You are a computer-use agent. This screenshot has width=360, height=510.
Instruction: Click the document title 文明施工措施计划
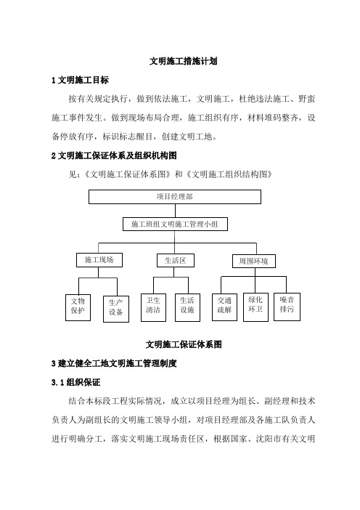(x=183, y=61)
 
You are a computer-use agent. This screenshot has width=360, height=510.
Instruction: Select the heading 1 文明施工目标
(x=80, y=80)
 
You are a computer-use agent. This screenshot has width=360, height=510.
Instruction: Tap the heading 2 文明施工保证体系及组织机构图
(x=114, y=155)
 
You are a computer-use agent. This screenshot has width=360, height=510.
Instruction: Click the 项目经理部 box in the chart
(x=175, y=197)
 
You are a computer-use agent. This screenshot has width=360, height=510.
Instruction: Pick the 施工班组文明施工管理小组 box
(x=175, y=224)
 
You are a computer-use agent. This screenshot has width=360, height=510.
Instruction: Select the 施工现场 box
(x=99, y=260)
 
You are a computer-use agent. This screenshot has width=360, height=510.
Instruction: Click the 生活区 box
(x=176, y=261)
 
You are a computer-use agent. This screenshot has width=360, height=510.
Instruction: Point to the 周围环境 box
(x=254, y=262)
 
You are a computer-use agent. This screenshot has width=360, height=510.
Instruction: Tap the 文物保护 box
(x=78, y=308)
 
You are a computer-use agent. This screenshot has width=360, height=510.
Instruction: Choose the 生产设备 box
(x=116, y=309)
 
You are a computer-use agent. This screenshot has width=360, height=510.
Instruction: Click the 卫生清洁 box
(x=153, y=308)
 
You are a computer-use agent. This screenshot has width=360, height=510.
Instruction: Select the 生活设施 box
(x=187, y=308)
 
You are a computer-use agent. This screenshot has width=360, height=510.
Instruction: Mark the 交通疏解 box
(x=224, y=307)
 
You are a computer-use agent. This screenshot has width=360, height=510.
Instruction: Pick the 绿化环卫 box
(x=255, y=307)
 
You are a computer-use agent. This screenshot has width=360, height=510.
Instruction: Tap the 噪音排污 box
(x=287, y=307)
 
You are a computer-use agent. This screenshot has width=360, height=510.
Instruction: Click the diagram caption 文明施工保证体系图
(x=184, y=344)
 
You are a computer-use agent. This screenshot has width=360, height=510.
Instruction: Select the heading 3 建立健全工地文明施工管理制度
(x=114, y=363)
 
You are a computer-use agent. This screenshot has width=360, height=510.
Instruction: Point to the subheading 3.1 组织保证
(x=75, y=382)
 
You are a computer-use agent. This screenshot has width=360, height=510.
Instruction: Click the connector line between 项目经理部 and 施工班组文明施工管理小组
(x=175, y=211)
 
